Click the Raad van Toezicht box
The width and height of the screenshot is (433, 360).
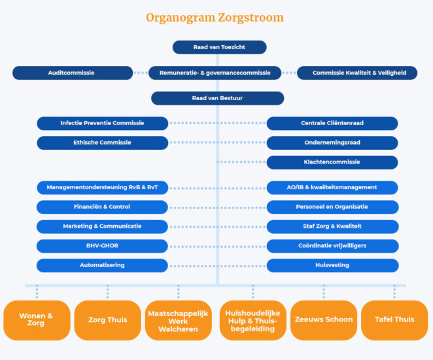coord(220,47)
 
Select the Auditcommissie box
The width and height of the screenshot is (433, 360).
coord(73,73)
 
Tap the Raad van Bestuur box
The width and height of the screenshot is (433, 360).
coord(218,98)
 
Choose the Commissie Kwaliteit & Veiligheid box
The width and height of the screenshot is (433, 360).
coord(357,73)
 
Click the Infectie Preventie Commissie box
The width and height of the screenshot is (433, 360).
coord(103,124)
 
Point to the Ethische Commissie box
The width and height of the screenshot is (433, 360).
coord(103,143)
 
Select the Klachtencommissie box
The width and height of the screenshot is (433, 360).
coord(332,162)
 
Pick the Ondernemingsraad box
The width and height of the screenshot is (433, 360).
coord(332,143)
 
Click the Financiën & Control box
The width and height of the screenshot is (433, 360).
coord(102,207)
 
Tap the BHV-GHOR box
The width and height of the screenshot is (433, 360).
coord(102,246)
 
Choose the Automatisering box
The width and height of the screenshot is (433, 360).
coord(102,266)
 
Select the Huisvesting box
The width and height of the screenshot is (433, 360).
coord(333,266)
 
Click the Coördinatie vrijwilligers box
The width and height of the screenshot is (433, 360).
coord(333,246)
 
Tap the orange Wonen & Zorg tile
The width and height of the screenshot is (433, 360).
coord(37,321)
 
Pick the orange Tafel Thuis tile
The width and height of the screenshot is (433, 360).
coord(394,321)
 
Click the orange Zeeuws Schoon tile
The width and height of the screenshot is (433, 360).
coord(324,321)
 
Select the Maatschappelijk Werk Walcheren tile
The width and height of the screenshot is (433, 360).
coord(179,321)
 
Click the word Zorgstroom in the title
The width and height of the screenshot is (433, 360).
coord(251,18)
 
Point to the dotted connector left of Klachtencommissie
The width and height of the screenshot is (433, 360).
coord(241,162)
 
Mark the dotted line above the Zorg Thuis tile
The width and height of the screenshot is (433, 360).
coord(108,293)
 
